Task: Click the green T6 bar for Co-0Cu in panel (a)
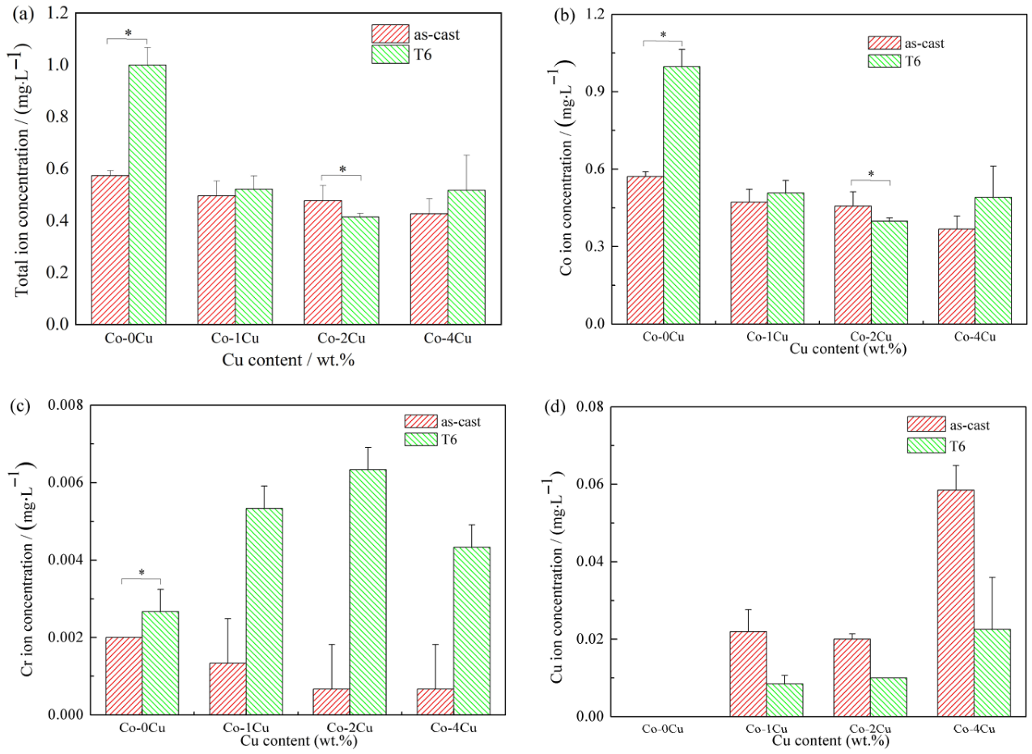click(147, 194)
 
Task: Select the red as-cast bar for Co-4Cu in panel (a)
click(429, 269)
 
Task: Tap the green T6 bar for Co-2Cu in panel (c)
click(368, 592)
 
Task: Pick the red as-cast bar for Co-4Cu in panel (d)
click(956, 603)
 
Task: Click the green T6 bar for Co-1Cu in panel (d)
click(785, 700)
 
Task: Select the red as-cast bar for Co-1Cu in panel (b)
click(749, 262)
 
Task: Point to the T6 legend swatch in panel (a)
click(390, 54)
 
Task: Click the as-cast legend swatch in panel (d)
click(927, 424)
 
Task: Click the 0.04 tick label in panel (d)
click(590, 562)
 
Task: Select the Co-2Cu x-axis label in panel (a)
click(342, 339)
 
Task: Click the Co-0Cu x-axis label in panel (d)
click(663, 729)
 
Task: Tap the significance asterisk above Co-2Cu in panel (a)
click(342, 169)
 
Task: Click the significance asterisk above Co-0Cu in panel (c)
click(142, 573)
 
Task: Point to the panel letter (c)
click(22, 406)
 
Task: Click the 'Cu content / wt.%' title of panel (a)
click(288, 360)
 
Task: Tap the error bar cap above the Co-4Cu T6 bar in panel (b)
click(993, 166)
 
